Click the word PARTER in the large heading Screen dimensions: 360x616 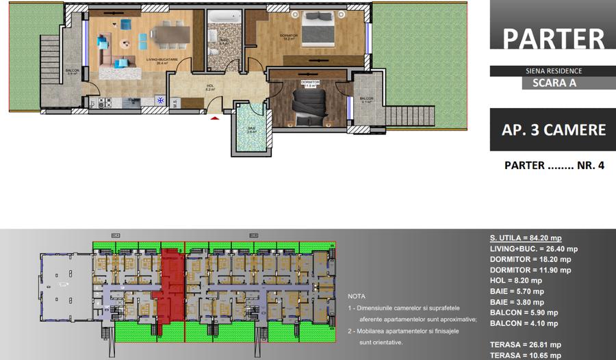pos(553,38)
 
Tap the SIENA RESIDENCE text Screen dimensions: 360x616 pos(553,70)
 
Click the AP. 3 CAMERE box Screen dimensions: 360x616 pos(553,129)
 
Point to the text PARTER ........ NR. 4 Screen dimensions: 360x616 pos(554,166)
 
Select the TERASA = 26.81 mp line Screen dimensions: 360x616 pos(525,344)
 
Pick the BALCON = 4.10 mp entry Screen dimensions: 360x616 pos(524,323)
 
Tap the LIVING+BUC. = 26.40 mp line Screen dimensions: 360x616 pos(534,249)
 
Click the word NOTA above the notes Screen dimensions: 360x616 pos(357,297)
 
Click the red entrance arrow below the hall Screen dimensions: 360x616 pos(214,118)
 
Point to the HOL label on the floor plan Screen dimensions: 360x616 pos(211,86)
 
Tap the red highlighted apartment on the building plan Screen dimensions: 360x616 pos(171,287)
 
